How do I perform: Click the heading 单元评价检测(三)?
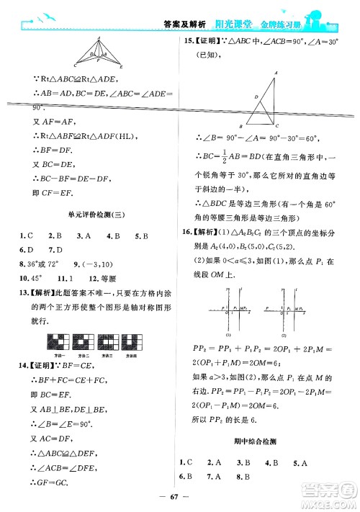89,216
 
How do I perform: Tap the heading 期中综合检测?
267,439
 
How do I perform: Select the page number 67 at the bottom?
179,498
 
